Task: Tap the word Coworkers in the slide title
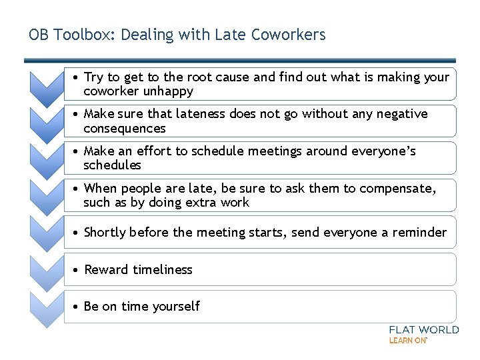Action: [288, 35]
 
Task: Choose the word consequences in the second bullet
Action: [125, 128]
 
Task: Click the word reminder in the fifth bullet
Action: [419, 233]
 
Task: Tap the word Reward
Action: [105, 270]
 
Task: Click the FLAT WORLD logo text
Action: [423, 330]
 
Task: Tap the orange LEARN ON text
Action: [408, 341]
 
